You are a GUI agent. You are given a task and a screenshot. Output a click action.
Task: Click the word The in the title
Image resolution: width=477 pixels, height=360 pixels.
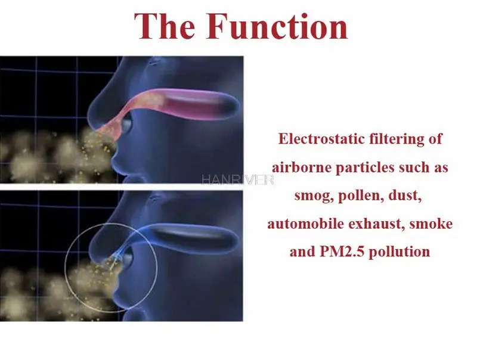[165, 26]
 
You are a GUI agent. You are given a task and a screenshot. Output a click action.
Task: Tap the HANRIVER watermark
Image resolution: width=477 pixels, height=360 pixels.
[237, 179]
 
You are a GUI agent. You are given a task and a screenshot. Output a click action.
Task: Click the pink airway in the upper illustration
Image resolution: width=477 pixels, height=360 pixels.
[171, 103]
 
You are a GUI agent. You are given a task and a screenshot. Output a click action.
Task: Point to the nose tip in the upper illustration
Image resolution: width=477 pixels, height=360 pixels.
[91, 116]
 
